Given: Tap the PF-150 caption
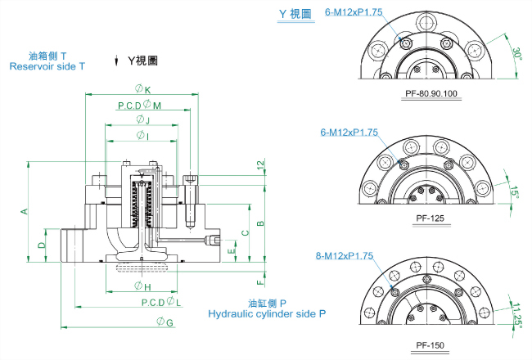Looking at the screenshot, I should click(431, 344).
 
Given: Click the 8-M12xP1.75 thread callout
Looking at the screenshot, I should click(344, 256).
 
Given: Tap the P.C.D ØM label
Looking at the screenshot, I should click(139, 105).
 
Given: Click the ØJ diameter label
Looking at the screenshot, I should click(142, 120).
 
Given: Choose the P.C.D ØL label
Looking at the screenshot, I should click(161, 303).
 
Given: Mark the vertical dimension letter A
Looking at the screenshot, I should click(25, 211).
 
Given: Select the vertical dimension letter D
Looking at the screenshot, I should click(41, 245).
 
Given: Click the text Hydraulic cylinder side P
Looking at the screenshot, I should click(267, 313).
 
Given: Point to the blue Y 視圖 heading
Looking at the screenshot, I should click(295, 14).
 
